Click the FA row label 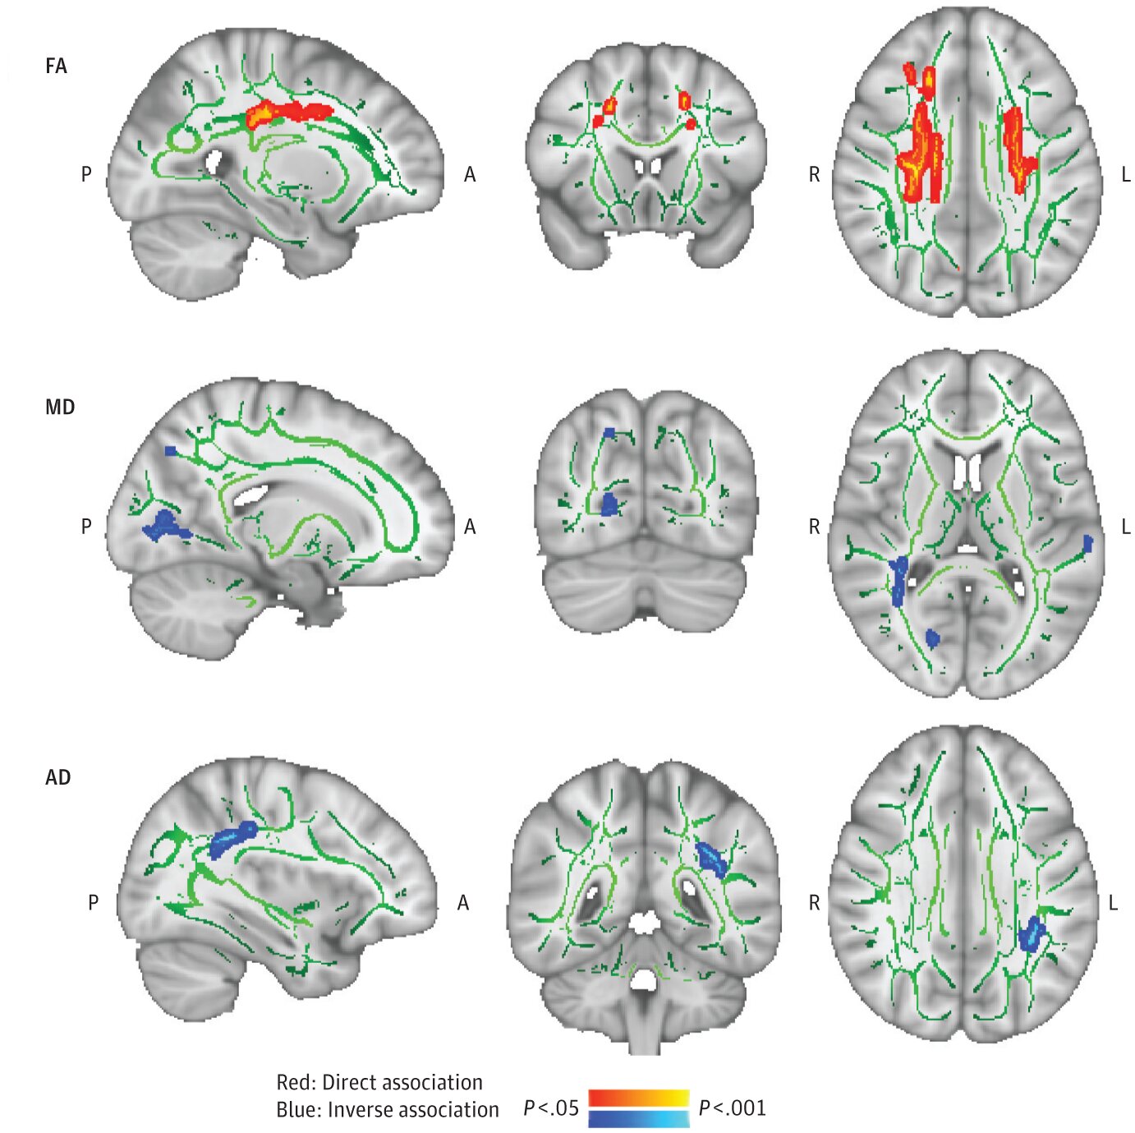click(x=56, y=66)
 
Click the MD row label click(x=59, y=407)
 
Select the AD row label click(x=57, y=777)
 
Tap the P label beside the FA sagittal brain click(x=86, y=174)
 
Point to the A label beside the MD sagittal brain click(x=470, y=527)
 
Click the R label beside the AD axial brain click(x=814, y=903)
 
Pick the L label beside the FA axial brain click(x=1125, y=174)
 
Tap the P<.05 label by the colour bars click(x=550, y=1108)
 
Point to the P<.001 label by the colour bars click(x=732, y=1108)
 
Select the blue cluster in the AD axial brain click(x=1031, y=935)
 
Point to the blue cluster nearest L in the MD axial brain click(x=1087, y=543)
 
